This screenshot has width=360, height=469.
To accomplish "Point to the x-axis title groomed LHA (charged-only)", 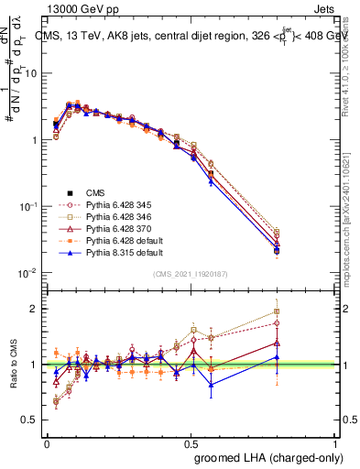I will (x=280, y=457).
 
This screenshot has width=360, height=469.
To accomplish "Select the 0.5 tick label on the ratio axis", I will (x=29, y=420).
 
